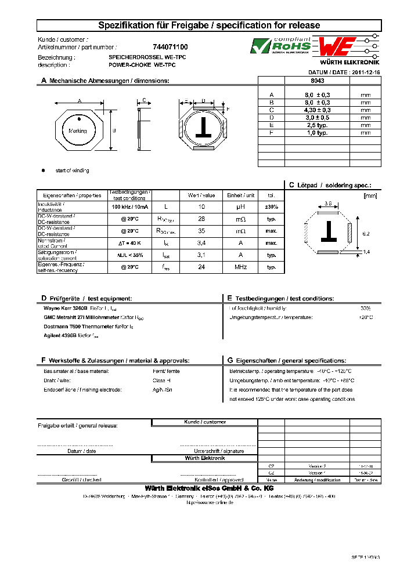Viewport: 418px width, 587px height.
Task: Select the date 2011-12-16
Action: [x=362, y=73]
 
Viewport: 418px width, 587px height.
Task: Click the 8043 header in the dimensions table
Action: [x=318, y=81]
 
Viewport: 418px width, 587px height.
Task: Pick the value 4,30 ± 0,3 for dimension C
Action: [x=318, y=110]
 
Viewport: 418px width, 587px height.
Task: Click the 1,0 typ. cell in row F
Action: [x=318, y=133]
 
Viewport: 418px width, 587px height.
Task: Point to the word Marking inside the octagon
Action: [x=78, y=131]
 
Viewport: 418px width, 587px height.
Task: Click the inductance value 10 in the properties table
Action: [x=201, y=207]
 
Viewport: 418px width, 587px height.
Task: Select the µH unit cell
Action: [x=241, y=207]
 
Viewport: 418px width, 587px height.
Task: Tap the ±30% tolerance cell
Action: [x=271, y=207]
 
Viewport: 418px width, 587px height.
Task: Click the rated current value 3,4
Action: [x=201, y=243]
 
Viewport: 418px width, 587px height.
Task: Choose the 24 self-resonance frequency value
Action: [x=201, y=267]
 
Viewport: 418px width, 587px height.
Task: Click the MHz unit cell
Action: [x=241, y=267]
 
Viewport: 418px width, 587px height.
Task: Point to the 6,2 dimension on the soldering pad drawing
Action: [x=366, y=233]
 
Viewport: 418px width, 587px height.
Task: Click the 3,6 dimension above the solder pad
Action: [x=327, y=204]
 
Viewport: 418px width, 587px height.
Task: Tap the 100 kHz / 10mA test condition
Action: [x=130, y=207]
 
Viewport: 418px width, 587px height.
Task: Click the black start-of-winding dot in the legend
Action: [x=43, y=171]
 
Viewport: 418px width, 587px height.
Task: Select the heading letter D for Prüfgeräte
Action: [x=43, y=298]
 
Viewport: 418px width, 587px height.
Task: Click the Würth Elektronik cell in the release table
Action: [x=204, y=458]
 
